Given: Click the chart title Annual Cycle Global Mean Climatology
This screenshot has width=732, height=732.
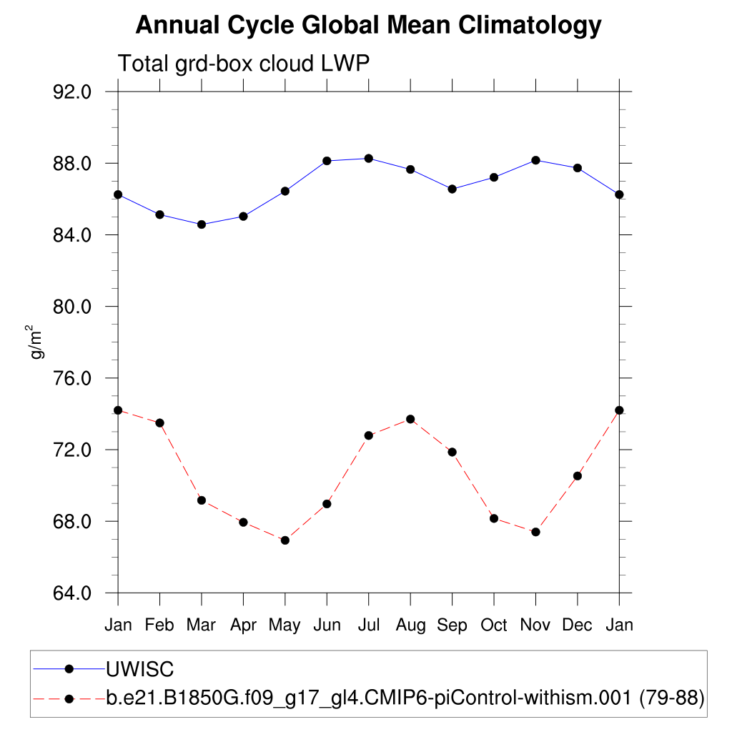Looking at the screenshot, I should tap(368, 26).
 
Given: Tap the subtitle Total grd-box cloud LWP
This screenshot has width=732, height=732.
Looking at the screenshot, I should tap(243, 64).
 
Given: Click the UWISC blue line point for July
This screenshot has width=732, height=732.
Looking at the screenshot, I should tap(368, 158).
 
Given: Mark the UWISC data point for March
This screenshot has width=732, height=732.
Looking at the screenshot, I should tap(202, 224).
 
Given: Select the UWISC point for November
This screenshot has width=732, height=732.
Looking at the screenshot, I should tap(535, 160).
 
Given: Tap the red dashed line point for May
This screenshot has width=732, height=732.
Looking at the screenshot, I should tap(285, 540).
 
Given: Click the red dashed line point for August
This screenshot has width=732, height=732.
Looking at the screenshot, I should tap(410, 419).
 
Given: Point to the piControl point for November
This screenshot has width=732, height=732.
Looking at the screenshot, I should tap(535, 532).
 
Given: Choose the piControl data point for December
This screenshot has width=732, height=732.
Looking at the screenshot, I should tap(578, 476).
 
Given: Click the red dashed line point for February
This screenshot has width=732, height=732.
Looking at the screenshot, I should tap(159, 423).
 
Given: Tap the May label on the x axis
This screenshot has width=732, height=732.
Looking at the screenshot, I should tap(285, 625).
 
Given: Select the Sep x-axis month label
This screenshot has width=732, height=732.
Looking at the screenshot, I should tap(452, 625).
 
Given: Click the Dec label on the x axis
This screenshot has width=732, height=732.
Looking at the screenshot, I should tap(577, 625).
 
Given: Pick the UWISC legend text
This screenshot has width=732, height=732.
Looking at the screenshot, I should tap(140, 670).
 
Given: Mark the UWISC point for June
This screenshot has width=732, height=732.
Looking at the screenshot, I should tap(327, 161).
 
